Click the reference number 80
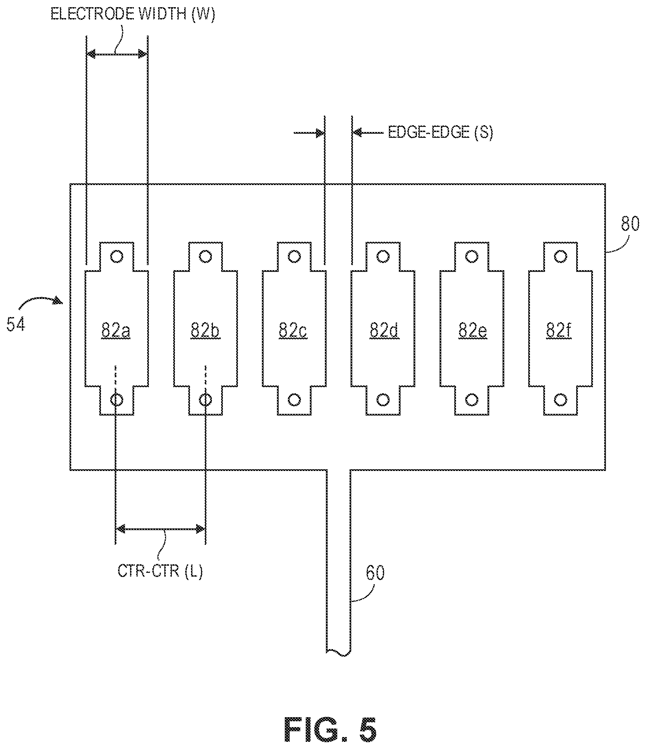tap(630, 224)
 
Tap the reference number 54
tap(16, 324)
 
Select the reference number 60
tap(375, 573)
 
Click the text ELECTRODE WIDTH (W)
tap(132, 14)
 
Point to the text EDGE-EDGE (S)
tap(441, 132)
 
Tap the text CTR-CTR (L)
tap(160, 571)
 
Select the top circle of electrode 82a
tap(116, 256)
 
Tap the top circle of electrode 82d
tap(383, 256)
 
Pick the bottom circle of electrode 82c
tap(294, 400)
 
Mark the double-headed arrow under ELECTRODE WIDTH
tap(117, 54)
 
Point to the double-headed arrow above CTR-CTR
tap(160, 529)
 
